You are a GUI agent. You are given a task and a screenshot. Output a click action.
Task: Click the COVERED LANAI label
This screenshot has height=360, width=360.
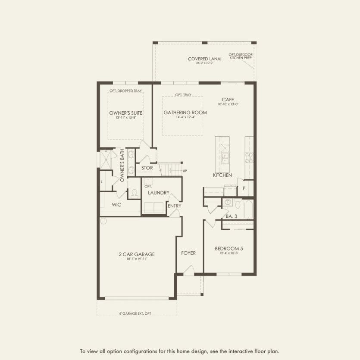[x=204, y=59]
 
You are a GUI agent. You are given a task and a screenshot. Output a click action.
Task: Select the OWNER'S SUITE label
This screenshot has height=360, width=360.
[x=126, y=113]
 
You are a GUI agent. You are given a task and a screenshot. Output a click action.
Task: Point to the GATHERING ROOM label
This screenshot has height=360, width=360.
[x=185, y=113]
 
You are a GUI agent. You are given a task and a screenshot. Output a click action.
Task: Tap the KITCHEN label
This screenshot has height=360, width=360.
[x=222, y=175]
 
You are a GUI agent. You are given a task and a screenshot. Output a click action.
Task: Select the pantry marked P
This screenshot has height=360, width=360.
[x=244, y=188]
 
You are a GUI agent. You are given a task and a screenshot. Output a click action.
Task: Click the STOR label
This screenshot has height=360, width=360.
[x=147, y=168]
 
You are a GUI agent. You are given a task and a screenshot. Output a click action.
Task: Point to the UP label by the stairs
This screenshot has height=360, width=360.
[x=185, y=171]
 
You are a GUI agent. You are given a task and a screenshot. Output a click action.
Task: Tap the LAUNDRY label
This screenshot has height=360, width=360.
[x=158, y=193]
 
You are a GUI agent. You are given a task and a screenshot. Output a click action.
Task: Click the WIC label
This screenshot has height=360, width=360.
[x=117, y=205]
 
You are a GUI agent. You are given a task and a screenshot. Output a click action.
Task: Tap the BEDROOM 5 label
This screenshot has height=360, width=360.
[x=229, y=248]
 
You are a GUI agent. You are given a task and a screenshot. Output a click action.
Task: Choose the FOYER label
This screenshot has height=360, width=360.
[x=188, y=253]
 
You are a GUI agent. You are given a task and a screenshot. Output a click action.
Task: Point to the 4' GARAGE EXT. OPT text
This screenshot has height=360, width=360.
[x=135, y=313]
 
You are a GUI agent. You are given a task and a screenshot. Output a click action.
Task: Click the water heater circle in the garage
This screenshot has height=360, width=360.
[x=103, y=221]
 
